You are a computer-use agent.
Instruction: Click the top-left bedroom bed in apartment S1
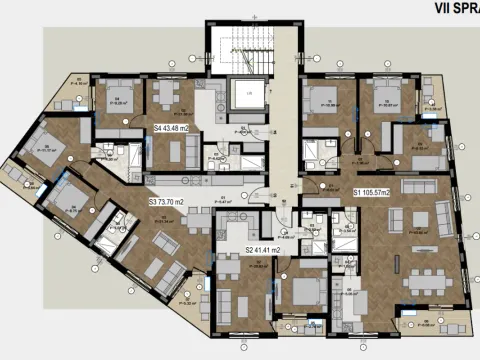[322, 100]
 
